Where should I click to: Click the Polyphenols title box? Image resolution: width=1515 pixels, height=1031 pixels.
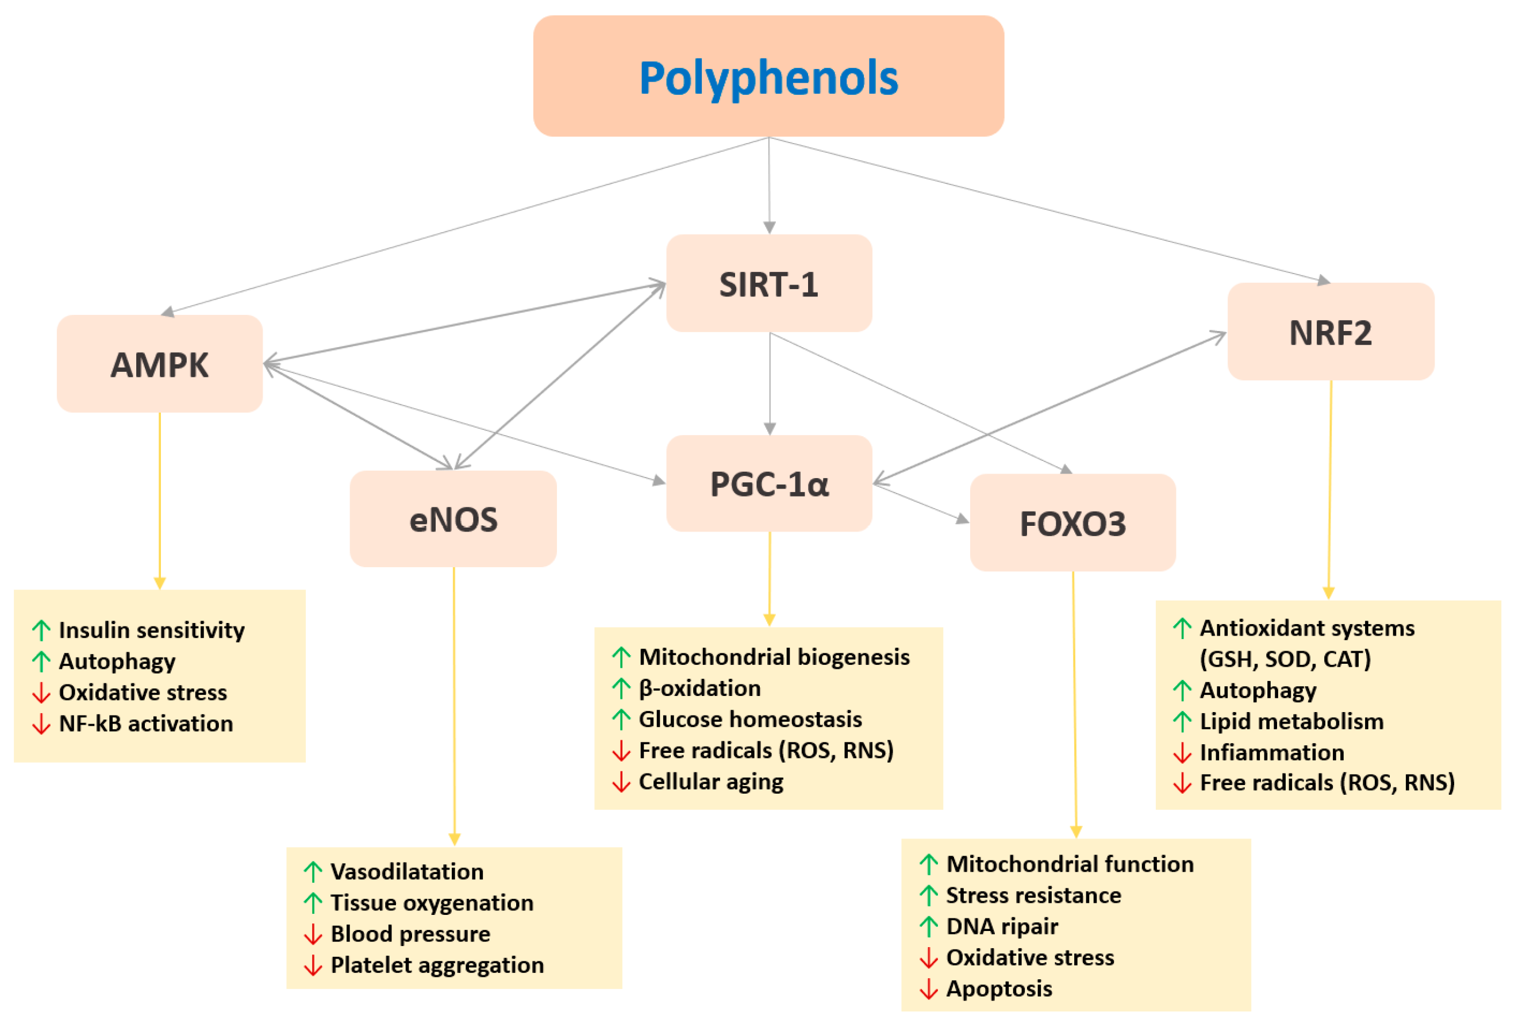[x=768, y=77]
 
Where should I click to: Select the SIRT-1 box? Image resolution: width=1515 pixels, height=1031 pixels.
[x=768, y=284]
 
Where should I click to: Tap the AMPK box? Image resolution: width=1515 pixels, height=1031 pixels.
[x=160, y=364]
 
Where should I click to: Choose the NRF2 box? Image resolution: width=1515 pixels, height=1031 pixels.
[x=1330, y=332]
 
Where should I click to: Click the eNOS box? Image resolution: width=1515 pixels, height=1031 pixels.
[x=453, y=520]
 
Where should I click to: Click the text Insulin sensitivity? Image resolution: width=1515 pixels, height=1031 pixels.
[x=151, y=630]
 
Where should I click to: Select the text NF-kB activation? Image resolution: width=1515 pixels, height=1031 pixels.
[x=145, y=724]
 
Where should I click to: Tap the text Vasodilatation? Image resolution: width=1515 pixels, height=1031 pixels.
[x=407, y=871]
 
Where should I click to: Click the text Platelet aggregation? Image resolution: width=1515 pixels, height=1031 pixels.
[x=437, y=964]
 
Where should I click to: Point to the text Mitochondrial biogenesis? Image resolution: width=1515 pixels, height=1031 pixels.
[x=774, y=657]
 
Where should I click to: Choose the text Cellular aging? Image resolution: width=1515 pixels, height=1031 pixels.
[x=710, y=782]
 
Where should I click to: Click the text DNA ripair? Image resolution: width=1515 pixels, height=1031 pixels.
[x=1002, y=926]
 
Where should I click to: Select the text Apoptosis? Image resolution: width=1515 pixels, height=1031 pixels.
[x=999, y=988]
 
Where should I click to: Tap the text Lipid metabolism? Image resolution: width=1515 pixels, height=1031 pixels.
[x=1291, y=721]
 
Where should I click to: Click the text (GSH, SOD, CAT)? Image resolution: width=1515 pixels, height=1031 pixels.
[x=1285, y=659]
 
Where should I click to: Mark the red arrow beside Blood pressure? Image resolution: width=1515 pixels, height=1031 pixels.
[x=313, y=934]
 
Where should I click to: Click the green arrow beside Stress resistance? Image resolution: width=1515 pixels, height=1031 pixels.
[x=928, y=895]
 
